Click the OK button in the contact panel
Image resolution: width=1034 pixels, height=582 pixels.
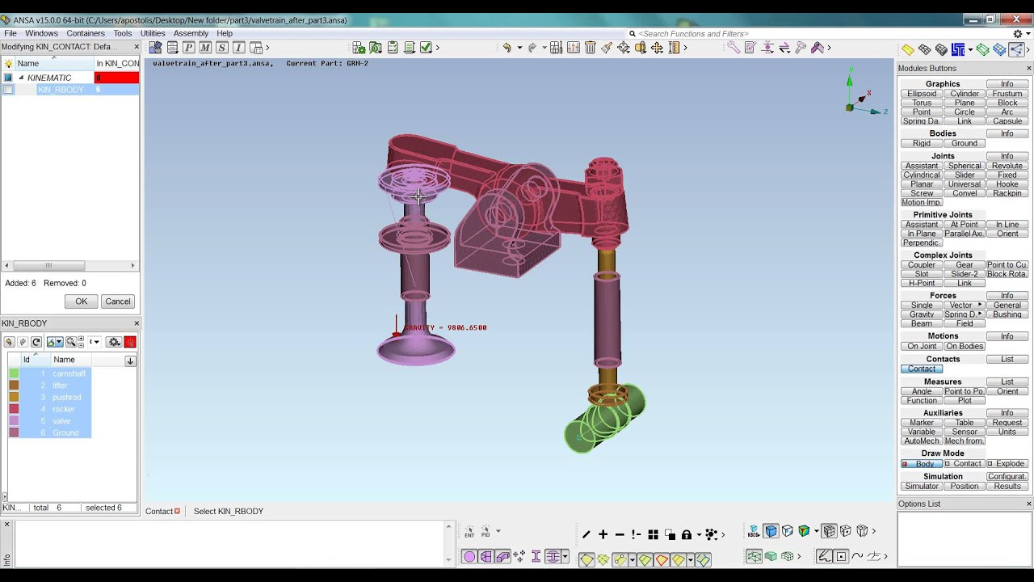81,302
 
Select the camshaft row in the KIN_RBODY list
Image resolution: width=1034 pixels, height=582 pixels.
69,373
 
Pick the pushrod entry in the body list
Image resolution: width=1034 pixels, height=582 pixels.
66,398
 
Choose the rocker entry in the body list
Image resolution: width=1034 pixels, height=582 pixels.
64,409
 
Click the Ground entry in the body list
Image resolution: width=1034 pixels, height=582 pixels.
65,433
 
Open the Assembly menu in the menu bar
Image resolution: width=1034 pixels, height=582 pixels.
191,33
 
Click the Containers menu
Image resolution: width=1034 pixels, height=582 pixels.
86,33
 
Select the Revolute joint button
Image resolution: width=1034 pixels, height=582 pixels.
1007,166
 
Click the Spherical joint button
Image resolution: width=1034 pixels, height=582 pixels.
965,166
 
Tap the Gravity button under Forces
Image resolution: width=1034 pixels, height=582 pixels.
922,314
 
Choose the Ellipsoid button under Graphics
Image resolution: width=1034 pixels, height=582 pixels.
922,94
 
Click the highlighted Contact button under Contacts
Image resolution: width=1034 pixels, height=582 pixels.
922,369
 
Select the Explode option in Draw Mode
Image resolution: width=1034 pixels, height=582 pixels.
1007,464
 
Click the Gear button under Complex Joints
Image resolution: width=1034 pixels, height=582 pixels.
965,265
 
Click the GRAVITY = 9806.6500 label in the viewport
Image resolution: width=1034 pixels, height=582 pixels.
445,327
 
